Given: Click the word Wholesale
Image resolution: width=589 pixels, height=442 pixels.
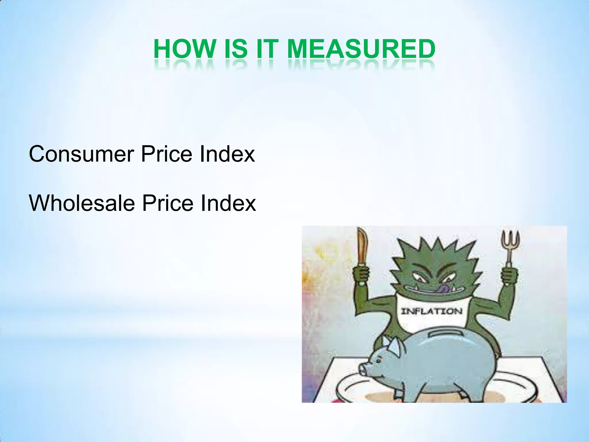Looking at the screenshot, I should [x=82, y=203].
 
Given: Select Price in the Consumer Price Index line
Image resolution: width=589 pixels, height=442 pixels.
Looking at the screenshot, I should [x=167, y=154].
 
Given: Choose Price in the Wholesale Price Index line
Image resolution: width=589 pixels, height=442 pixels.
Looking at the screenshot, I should [x=168, y=203].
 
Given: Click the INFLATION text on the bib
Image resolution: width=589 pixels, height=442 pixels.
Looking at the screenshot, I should [x=431, y=311].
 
